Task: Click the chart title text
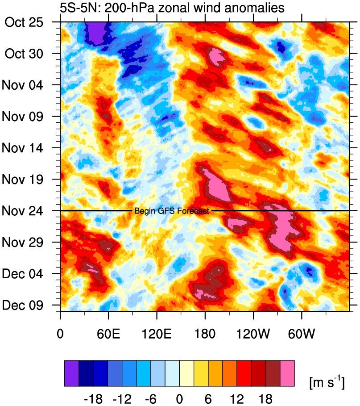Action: pos(172,8)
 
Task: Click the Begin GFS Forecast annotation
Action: pos(172,211)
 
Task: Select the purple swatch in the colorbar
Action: pos(72,373)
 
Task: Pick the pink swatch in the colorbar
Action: pos(287,373)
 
